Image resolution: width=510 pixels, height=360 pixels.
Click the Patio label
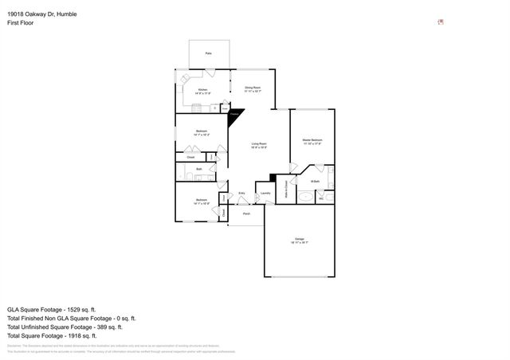point(208,53)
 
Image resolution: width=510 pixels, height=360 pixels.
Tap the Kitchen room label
point(202,90)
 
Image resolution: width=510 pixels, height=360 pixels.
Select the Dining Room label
point(253,90)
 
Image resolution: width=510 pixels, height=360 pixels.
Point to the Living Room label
point(259,144)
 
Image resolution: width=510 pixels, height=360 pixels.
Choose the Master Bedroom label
point(312,141)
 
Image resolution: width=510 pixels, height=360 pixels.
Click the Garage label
point(300,238)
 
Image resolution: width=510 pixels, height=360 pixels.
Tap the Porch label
point(247,214)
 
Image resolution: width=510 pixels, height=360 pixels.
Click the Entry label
point(242,193)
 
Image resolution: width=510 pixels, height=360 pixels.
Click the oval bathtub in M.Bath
point(307,196)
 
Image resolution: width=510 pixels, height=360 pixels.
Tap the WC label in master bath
point(321,198)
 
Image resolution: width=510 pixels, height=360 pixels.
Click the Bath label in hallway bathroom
point(199,170)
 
